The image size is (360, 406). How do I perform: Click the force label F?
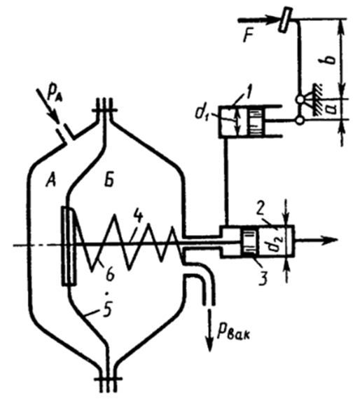tap(249, 36)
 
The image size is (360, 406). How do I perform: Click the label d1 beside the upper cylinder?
tap(202, 113)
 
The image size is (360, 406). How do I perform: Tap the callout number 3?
tap(263, 278)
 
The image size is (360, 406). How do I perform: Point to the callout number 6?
tap(110, 274)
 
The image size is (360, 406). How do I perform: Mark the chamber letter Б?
tap(109, 180)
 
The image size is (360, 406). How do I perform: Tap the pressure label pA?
tap(55, 96)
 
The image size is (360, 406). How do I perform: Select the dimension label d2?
tap(275, 243)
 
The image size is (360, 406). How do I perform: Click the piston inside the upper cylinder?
tap(256, 120)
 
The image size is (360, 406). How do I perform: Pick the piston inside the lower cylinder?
tap(249, 242)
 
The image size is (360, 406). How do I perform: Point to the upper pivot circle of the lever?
tap(300, 99)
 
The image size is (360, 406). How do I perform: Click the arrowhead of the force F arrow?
tap(274, 20)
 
